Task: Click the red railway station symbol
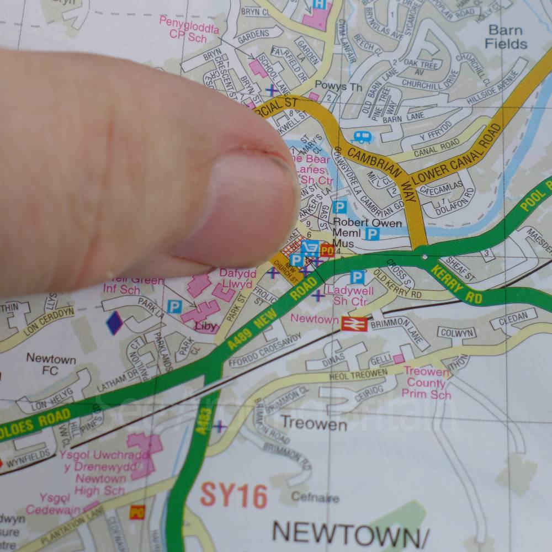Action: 354,324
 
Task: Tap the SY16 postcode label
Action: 233,495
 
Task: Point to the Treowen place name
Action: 314,423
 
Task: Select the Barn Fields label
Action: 505,36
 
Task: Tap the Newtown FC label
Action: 51,364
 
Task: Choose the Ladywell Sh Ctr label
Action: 350,296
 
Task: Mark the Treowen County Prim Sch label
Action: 426,383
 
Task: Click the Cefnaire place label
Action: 315,497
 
